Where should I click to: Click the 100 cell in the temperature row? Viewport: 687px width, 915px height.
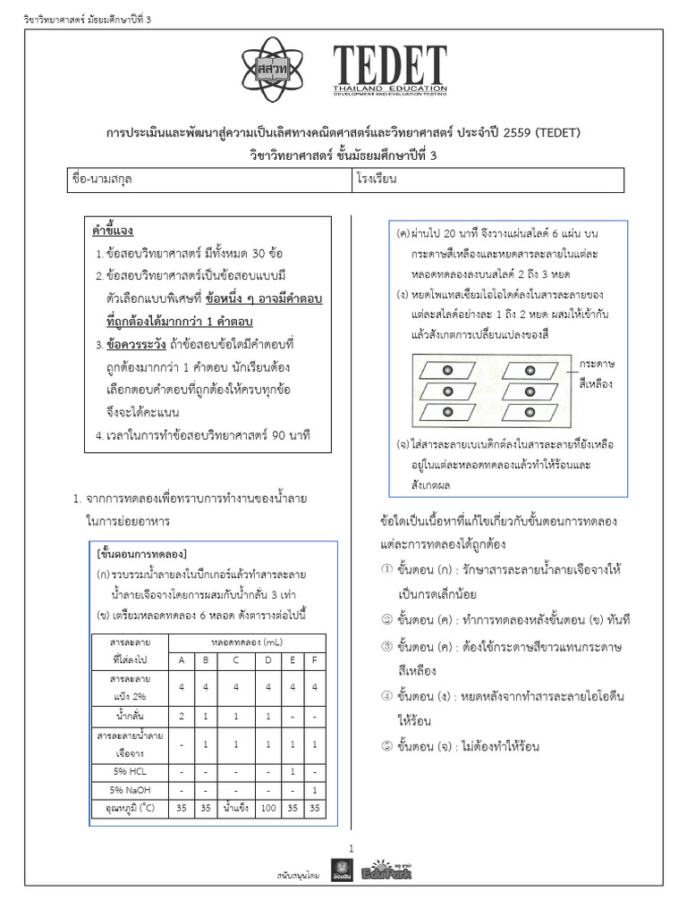point(267,809)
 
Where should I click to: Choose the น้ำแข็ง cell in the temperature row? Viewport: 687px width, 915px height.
point(236,809)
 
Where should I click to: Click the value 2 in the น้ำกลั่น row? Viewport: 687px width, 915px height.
point(181,717)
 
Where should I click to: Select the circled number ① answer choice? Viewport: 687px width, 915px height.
point(386,569)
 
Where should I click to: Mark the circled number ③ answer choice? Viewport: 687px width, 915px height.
point(386,646)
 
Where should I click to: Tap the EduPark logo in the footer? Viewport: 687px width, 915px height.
point(386,871)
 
